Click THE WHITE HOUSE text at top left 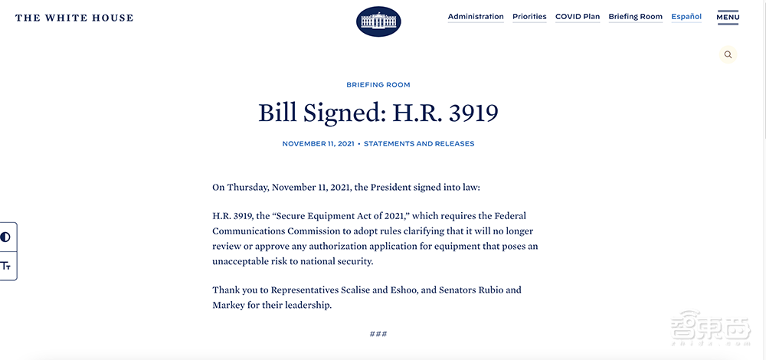point(74,18)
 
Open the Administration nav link point(476,17)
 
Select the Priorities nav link point(529,17)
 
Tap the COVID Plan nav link point(578,17)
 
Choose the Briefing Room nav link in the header point(635,17)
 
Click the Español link point(686,17)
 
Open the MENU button point(728,17)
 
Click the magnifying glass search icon point(728,54)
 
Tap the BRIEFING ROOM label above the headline point(378,85)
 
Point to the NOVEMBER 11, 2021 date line point(317,144)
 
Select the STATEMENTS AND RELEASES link point(419,144)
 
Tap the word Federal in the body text point(506,216)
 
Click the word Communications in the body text point(248,231)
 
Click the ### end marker point(378,334)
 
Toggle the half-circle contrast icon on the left point(6,237)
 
